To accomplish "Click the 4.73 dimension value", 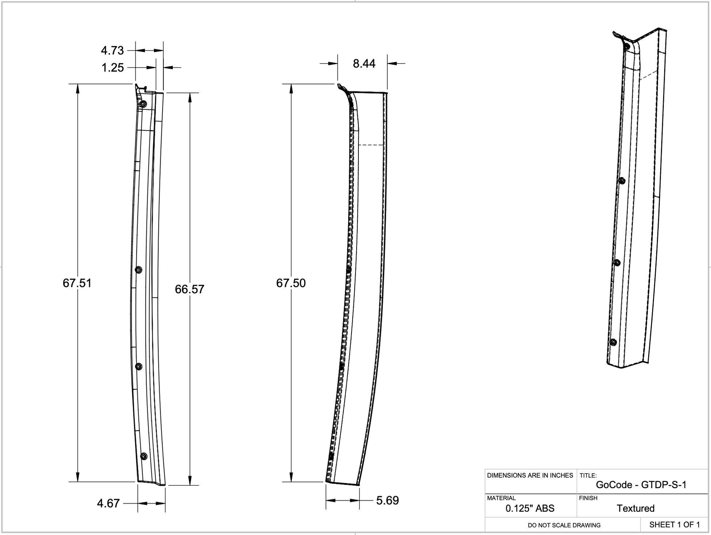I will pos(112,50).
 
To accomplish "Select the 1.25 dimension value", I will pos(113,68).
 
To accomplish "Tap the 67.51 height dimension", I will pos(77,283).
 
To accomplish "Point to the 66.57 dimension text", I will pos(189,289).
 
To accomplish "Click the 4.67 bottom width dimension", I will pos(108,504).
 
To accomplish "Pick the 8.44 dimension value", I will pos(364,64).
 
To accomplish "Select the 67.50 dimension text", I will pos(291,283).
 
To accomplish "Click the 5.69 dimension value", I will pos(387,500).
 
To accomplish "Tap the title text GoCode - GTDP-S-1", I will pos(641,485).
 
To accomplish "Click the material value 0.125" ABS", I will pos(530,508).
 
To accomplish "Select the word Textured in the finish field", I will pos(635,508).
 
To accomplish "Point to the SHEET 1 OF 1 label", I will pos(674,524).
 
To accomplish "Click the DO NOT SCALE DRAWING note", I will pos(564,525).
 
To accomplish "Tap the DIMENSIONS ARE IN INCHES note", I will pos(530,475).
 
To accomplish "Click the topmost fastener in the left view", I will pos(143,104).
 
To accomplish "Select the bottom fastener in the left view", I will pos(144,456).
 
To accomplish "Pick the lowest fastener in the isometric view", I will pos(613,342).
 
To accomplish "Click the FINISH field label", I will pos(588,498).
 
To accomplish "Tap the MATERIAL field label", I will pos(501,498).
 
